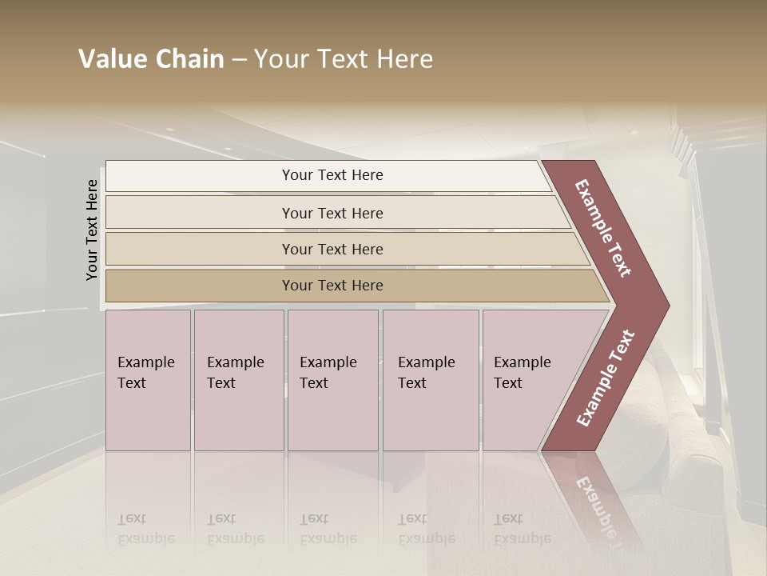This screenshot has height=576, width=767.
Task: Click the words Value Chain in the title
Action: (151, 59)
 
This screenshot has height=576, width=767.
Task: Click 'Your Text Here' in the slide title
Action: (344, 59)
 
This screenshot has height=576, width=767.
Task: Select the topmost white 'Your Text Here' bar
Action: (332, 175)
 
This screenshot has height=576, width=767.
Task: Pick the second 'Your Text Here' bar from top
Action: (332, 213)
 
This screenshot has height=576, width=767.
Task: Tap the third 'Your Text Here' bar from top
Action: (332, 249)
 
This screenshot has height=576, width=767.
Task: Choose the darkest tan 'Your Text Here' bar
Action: (332, 286)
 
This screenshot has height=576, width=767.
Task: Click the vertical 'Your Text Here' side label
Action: (92, 230)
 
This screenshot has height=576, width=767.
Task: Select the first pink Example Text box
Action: (148, 380)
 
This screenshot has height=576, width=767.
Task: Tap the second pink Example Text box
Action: (238, 380)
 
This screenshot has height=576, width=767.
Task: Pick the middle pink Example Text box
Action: (332, 380)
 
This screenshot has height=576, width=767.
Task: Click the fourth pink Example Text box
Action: (431, 380)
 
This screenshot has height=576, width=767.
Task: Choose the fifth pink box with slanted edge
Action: (527, 380)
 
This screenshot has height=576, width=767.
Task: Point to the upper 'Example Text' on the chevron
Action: (603, 228)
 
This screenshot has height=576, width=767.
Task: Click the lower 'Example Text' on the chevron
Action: (605, 378)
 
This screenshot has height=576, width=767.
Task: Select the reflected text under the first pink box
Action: (145, 529)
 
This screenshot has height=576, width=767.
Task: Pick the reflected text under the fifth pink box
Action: (522, 529)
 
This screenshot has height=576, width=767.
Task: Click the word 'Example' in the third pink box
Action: (328, 362)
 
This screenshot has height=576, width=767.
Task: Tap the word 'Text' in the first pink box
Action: (132, 383)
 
